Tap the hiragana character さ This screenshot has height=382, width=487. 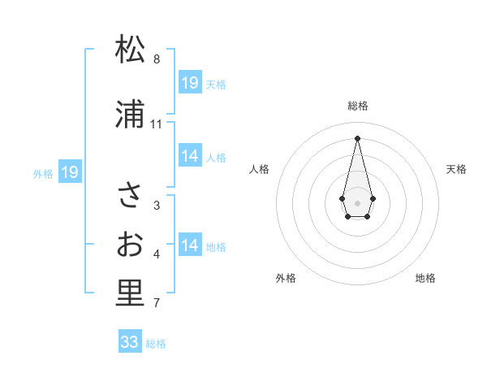pyautogui.click(x=130, y=196)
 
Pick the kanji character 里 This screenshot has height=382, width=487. pyautogui.click(x=130, y=293)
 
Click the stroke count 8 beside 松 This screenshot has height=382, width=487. pyautogui.click(x=157, y=59)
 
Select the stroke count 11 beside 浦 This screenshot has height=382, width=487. pyautogui.click(x=157, y=124)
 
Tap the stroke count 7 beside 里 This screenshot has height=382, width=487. pyautogui.click(x=157, y=304)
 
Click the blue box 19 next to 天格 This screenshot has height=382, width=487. pyautogui.click(x=190, y=83)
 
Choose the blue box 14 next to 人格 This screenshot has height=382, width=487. pyautogui.click(x=190, y=156)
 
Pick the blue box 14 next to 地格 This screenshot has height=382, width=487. pyautogui.click(x=190, y=245)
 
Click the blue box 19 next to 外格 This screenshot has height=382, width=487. pyautogui.click(x=70, y=172)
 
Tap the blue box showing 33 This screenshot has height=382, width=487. pyautogui.click(x=130, y=342)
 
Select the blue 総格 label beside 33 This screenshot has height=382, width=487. pyautogui.click(x=156, y=344)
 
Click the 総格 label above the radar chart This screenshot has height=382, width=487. pyautogui.click(x=358, y=106)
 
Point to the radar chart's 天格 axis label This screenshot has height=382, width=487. pyautogui.click(x=456, y=169)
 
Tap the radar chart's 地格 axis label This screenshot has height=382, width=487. pyautogui.click(x=425, y=278)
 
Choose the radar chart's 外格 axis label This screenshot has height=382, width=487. pyautogui.click(x=286, y=278)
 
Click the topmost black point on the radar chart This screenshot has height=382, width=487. pyautogui.click(x=357, y=137)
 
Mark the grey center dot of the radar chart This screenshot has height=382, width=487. pyautogui.click(x=357, y=202)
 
